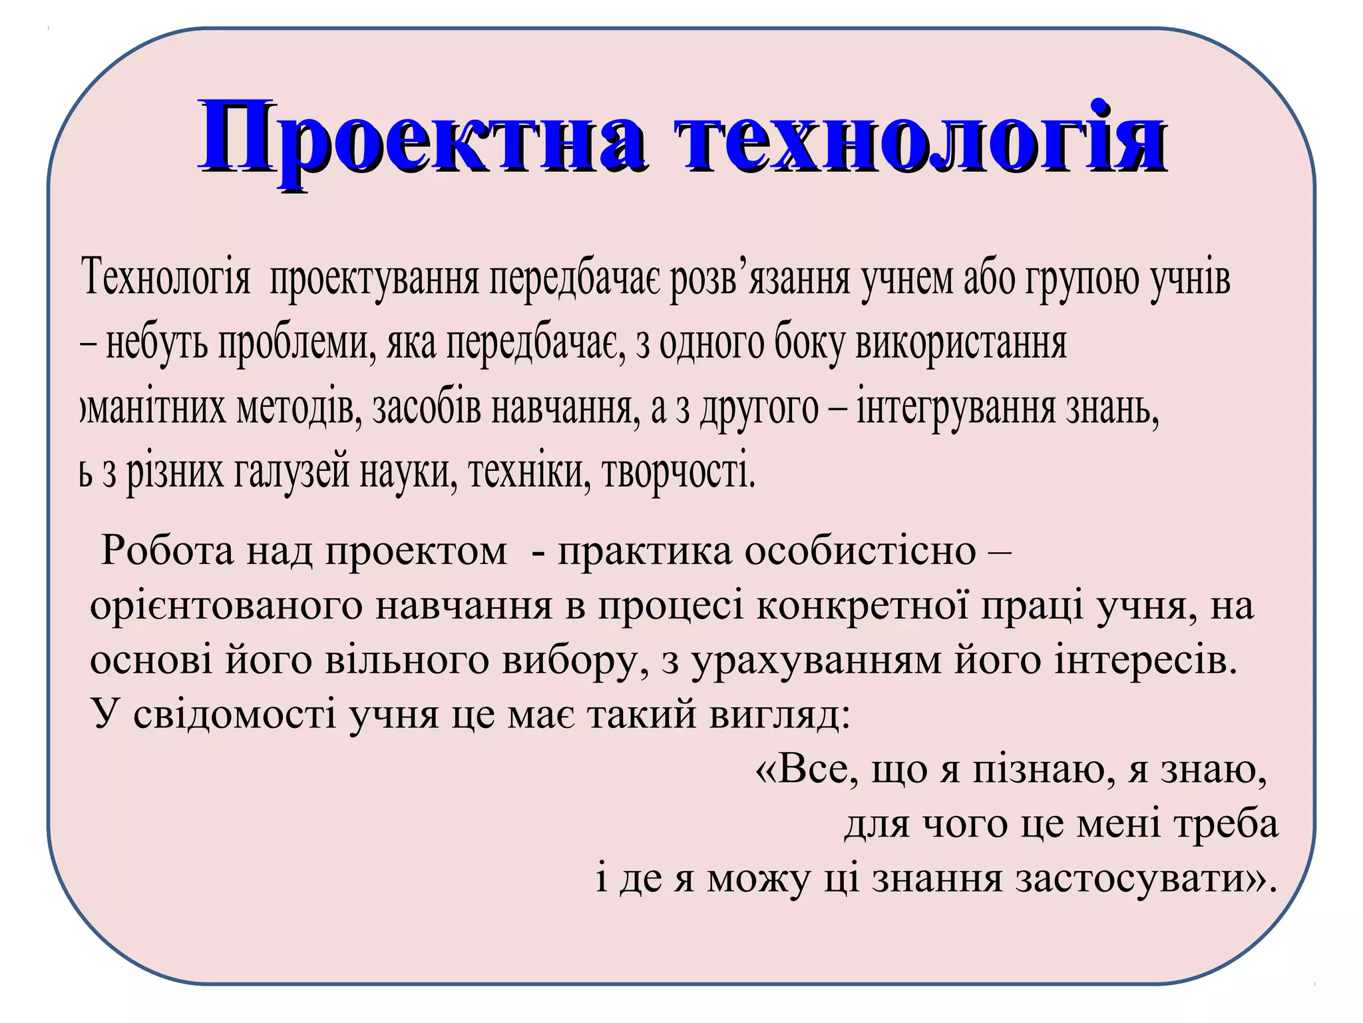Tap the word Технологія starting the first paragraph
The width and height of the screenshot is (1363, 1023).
tap(166, 279)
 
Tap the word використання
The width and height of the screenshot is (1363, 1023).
tap(961, 344)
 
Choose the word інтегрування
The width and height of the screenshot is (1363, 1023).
tap(956, 408)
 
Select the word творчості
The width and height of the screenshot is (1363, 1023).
tap(679, 472)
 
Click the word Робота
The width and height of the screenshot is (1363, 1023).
tap(167, 551)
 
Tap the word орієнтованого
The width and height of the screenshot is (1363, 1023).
tap(226, 607)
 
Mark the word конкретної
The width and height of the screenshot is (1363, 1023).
tap(863, 607)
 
